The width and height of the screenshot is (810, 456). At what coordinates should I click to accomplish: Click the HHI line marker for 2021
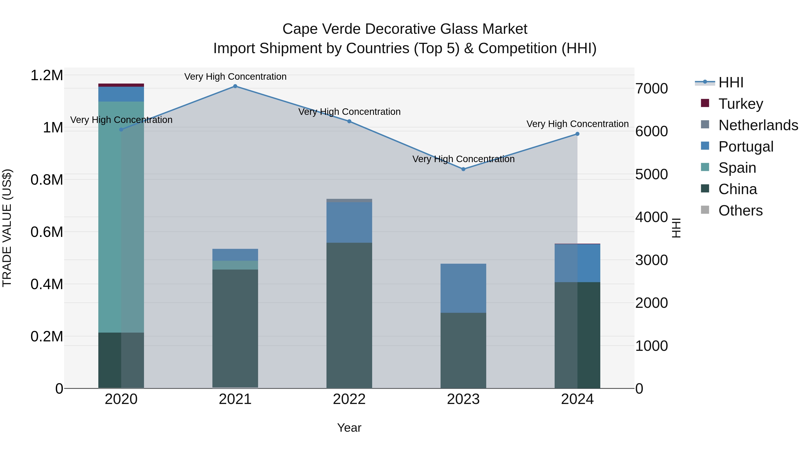(235, 86)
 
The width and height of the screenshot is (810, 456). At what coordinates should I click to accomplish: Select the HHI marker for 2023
(463, 169)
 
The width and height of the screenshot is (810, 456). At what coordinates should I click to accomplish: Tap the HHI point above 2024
(577, 134)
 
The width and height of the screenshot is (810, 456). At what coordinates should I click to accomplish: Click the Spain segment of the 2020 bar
(121, 217)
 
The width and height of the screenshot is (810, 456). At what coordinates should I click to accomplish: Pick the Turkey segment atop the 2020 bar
(121, 85)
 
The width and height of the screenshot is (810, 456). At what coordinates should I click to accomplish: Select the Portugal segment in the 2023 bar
(463, 288)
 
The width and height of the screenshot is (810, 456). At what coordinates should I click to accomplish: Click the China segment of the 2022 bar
(349, 315)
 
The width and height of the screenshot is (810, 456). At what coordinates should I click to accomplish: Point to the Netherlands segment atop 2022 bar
(349, 200)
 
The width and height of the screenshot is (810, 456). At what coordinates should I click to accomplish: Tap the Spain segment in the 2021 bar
(235, 265)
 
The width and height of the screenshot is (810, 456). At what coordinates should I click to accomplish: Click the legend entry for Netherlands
(758, 125)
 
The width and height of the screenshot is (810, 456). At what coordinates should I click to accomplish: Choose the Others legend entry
(740, 211)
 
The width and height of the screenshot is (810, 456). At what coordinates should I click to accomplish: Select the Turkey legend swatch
(705, 103)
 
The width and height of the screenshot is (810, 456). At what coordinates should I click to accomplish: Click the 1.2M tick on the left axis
(47, 75)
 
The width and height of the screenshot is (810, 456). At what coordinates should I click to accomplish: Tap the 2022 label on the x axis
(349, 399)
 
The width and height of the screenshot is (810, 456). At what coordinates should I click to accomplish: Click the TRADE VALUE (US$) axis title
(7, 228)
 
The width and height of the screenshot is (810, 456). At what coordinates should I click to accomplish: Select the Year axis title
(349, 428)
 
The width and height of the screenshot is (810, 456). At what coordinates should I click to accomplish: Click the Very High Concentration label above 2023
(463, 159)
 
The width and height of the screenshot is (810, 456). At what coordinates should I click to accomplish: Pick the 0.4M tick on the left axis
(47, 284)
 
